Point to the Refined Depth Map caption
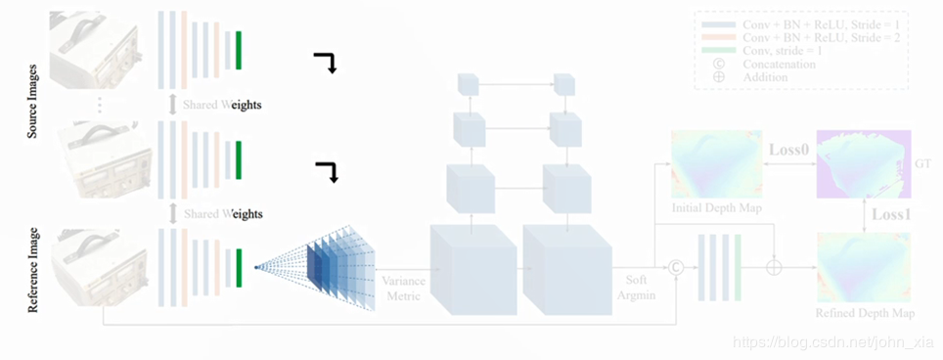click(865, 313)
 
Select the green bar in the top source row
click(238, 50)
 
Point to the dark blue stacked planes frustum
click(328, 264)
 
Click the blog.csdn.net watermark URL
click(831, 343)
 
